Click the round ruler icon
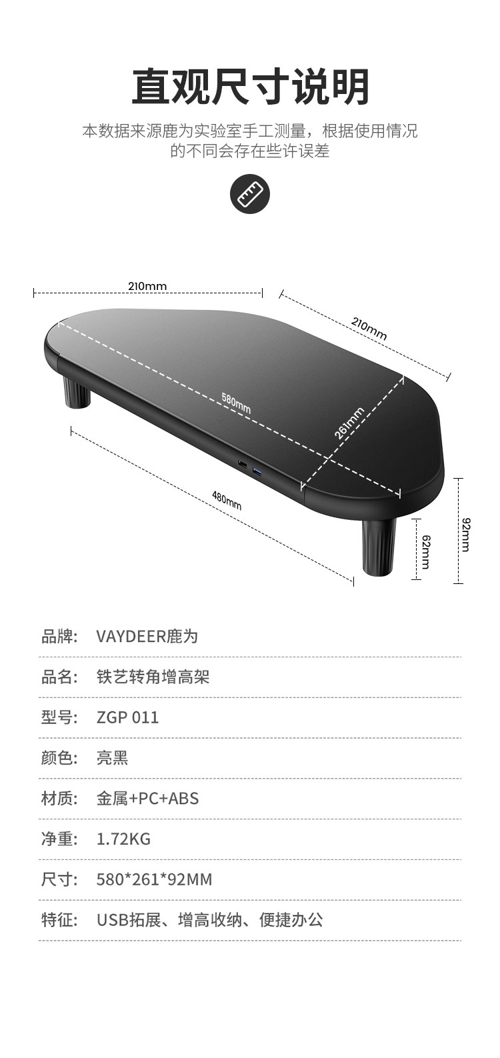point(249,195)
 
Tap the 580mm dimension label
point(236,403)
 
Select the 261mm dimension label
point(350,423)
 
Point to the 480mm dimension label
point(227,499)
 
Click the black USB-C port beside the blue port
point(241,464)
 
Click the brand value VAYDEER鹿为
point(147,637)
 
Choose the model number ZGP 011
point(128,717)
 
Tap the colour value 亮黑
point(112,758)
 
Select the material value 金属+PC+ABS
point(147,798)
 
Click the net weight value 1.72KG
point(123,839)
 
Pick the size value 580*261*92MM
point(154,879)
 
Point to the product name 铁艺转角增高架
point(153,677)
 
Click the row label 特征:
point(60,920)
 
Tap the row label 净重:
point(60,839)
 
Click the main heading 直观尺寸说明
point(250,87)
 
